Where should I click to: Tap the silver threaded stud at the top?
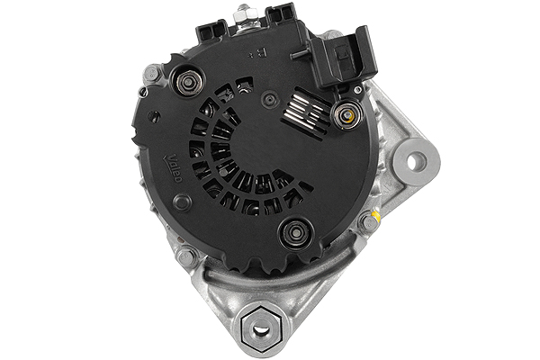click(244, 14)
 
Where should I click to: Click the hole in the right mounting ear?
click(416, 161)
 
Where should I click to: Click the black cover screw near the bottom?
click(293, 234)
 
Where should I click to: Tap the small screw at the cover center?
click(269, 99)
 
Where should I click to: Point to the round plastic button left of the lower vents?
click(183, 202)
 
